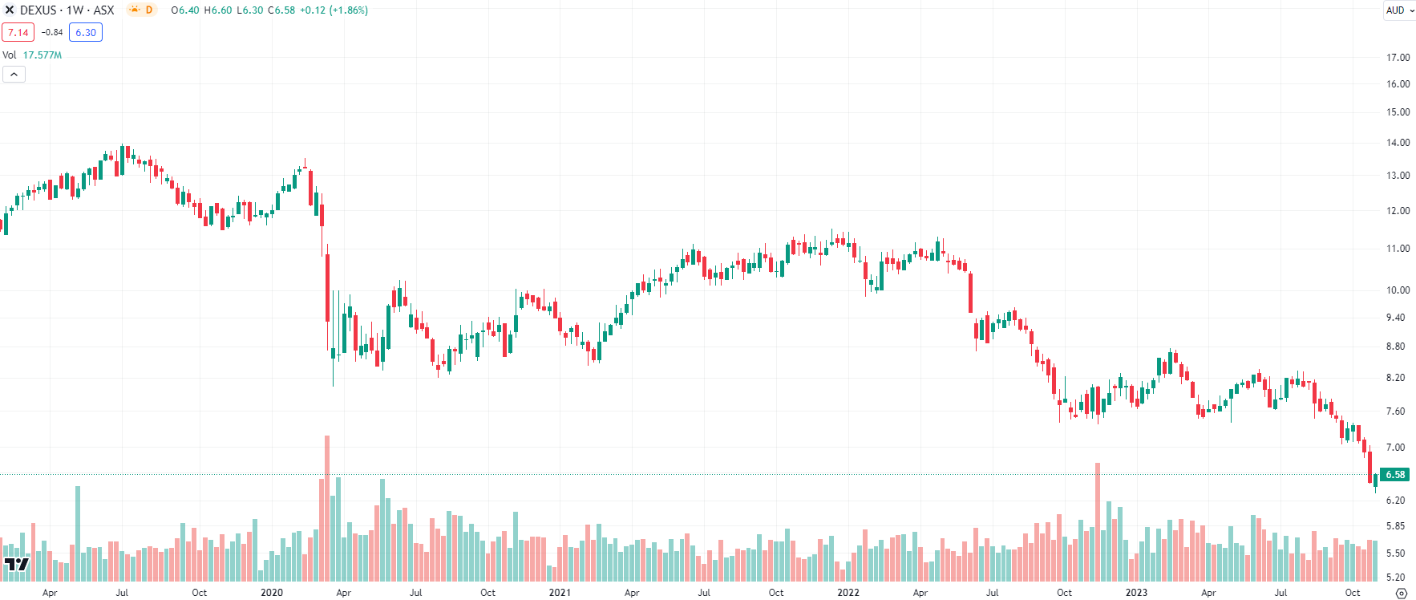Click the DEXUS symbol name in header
(x=38, y=10)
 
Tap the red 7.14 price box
(x=18, y=33)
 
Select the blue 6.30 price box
(x=86, y=33)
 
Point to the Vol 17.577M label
(x=32, y=55)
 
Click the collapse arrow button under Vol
(x=14, y=75)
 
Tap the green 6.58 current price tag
(x=1394, y=475)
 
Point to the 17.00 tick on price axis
(x=1398, y=58)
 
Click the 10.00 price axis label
(x=1398, y=290)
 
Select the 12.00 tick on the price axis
(x=1398, y=211)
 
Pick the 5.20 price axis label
(x=1396, y=578)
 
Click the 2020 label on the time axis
(x=272, y=593)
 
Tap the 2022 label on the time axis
(x=848, y=593)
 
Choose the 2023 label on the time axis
(x=1136, y=593)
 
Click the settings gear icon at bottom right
(x=1401, y=594)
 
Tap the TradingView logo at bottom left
(x=16, y=565)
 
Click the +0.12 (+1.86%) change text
(x=334, y=10)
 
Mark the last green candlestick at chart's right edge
(x=1375, y=480)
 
